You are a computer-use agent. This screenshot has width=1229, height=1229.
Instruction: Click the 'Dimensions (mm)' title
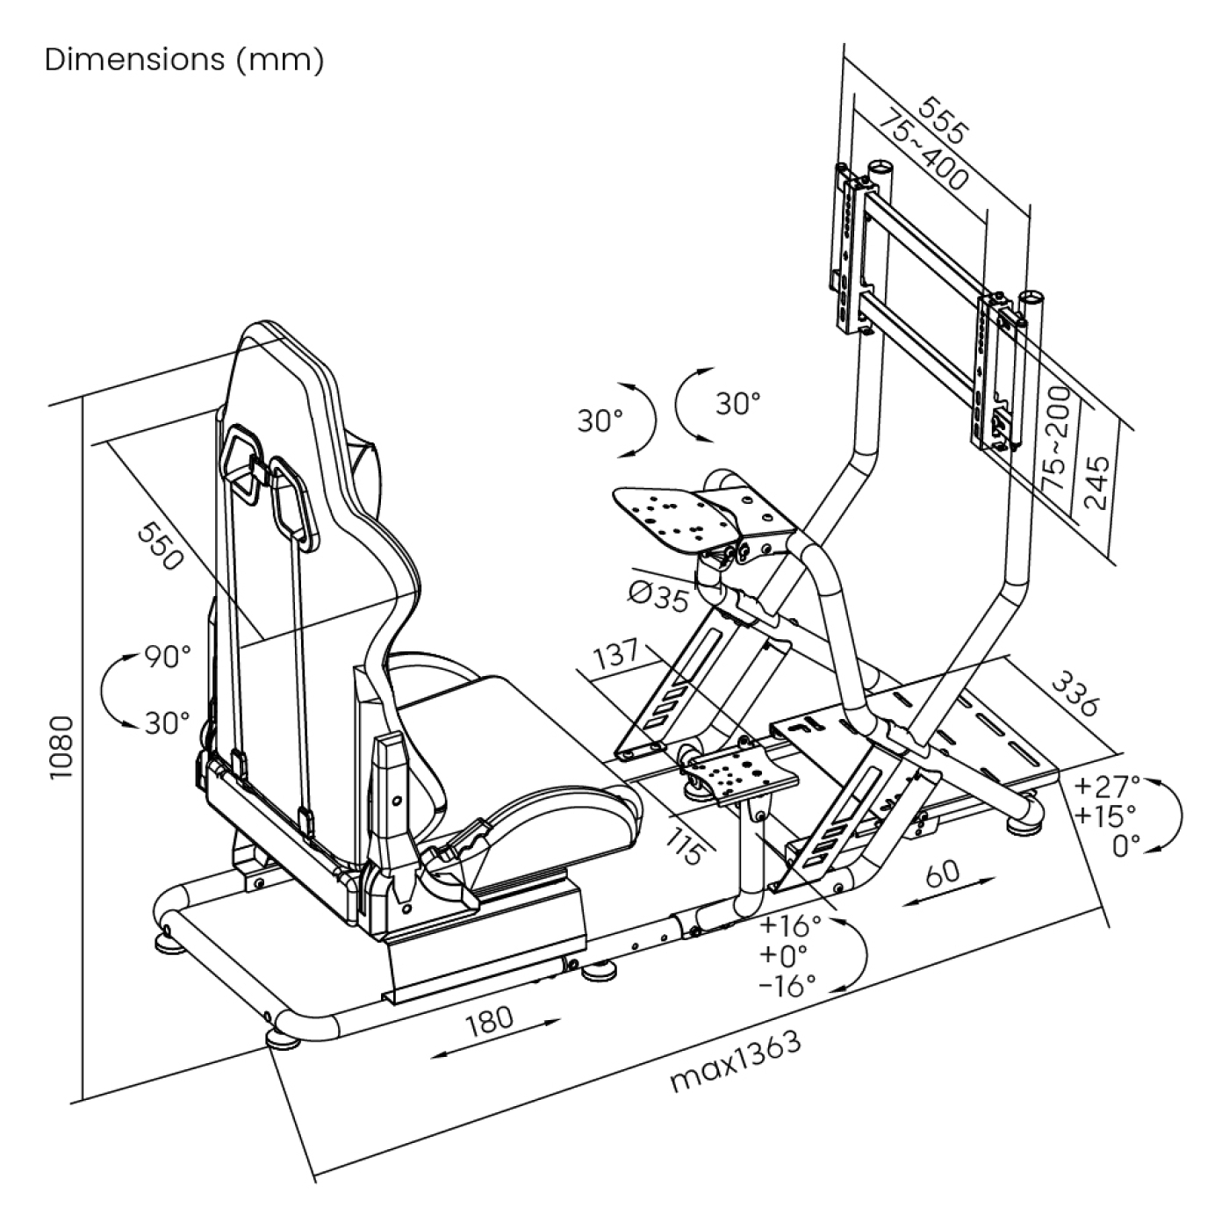pyautogui.click(x=184, y=60)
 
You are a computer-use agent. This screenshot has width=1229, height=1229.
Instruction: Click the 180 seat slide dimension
pyautogui.click(x=490, y=1019)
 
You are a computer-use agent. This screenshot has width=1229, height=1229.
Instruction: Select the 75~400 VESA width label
pyautogui.click(x=923, y=150)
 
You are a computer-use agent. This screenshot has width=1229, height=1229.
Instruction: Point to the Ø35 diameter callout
pyautogui.click(x=658, y=598)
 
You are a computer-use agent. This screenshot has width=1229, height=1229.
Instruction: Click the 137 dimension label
pyautogui.click(x=616, y=657)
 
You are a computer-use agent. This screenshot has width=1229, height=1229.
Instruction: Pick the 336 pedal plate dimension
pyautogui.click(x=1074, y=693)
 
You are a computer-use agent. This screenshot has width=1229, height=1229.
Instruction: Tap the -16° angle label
pyautogui.click(x=788, y=986)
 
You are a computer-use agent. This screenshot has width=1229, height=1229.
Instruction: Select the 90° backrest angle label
pyautogui.click(x=167, y=657)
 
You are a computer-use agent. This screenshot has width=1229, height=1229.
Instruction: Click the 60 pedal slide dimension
pyautogui.click(x=942, y=873)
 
